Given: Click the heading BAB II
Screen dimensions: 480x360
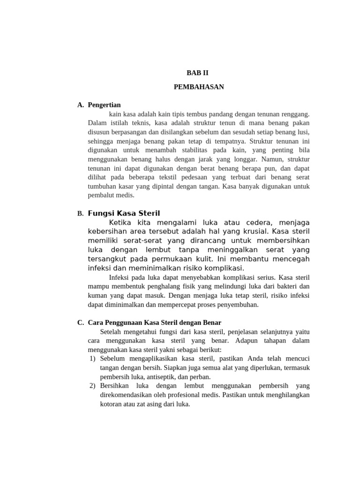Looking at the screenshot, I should point(197,73).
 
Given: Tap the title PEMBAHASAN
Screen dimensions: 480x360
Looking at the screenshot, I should point(199,87).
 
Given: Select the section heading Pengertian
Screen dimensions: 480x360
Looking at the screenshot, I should point(104,105).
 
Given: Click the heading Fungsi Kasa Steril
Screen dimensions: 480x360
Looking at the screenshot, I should point(124,213).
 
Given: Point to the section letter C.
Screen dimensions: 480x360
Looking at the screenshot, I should point(80,322).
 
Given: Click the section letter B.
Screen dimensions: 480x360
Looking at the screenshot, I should point(80,214).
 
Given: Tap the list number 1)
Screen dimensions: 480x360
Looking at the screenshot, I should point(92,359).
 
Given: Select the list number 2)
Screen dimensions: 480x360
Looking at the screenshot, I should point(92,386).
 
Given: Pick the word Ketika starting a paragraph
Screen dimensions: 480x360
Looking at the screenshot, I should point(120,222).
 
